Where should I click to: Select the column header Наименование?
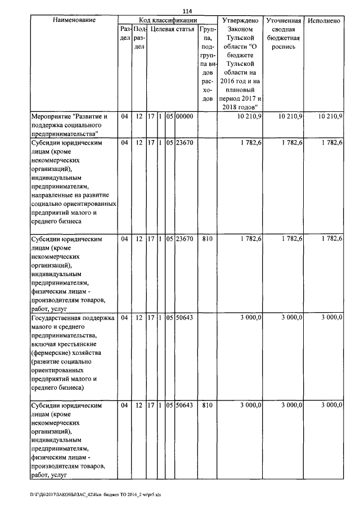point(74,20)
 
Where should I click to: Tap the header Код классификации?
point(168,20)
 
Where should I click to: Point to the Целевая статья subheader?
point(172,29)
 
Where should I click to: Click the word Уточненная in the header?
point(284,20)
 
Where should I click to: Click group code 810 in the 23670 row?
point(206,238)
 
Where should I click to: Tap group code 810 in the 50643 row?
point(206,405)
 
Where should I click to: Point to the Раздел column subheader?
point(125,33)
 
